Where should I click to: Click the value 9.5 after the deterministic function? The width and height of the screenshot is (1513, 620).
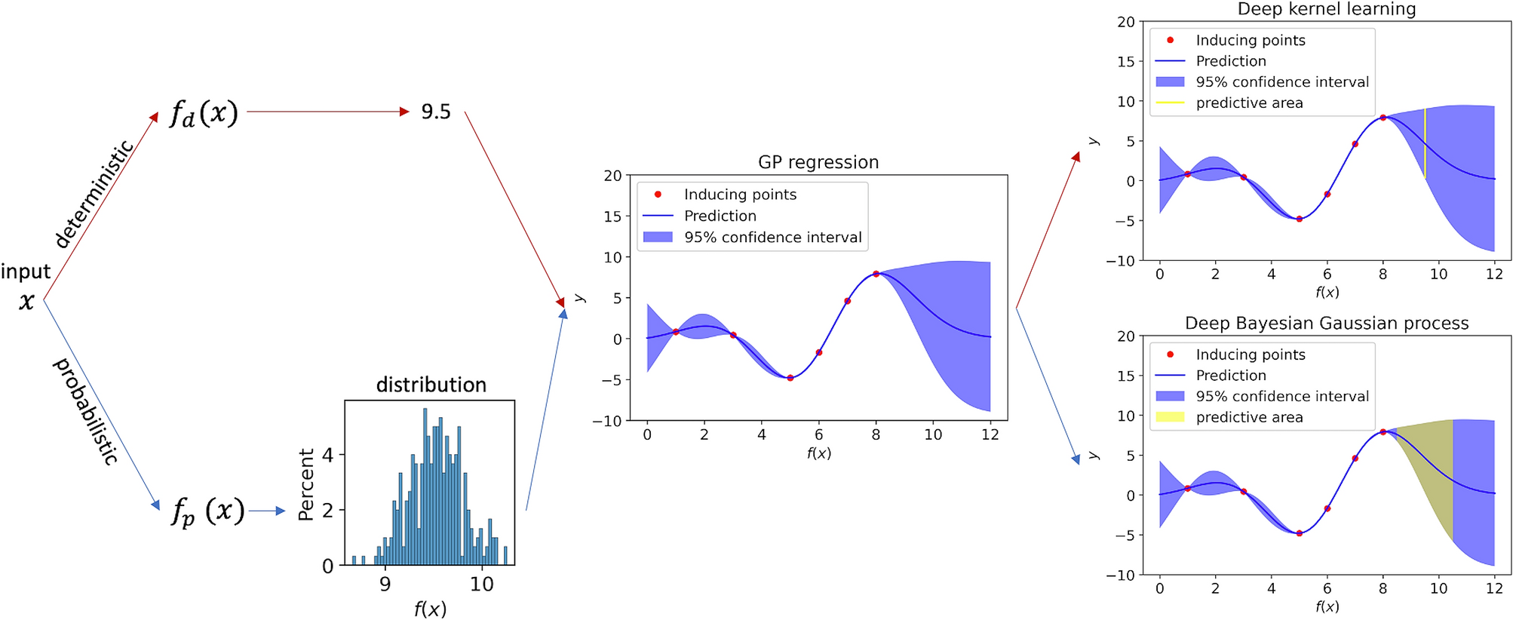(436, 112)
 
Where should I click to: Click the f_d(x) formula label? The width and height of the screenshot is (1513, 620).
(204, 113)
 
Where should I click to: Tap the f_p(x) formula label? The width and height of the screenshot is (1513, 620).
(207, 511)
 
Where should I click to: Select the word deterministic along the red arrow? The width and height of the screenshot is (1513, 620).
(95, 193)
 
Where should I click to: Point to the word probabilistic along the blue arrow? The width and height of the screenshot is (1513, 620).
(85, 411)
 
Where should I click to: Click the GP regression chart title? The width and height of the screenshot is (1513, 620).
(818, 162)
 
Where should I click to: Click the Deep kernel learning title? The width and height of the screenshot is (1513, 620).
(1326, 9)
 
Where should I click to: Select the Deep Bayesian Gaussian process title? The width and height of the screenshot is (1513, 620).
(1326, 324)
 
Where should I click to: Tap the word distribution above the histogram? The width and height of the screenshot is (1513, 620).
(431, 385)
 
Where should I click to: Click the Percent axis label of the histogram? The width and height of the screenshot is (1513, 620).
(305, 484)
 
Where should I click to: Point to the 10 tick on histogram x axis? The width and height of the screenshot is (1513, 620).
(481, 585)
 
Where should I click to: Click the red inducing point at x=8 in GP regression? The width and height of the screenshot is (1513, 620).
(876, 274)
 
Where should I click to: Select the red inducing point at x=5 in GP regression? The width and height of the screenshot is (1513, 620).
(790, 378)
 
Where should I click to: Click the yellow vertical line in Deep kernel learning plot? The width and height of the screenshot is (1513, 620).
(1425, 143)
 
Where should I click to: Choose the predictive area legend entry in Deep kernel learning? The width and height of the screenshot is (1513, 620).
(1249, 103)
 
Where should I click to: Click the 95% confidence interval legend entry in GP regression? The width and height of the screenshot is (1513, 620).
(772, 238)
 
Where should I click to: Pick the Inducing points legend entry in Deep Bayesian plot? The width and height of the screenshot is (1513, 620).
(1250, 355)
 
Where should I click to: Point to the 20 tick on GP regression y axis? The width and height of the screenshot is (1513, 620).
(612, 176)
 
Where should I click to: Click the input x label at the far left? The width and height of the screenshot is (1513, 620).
(26, 287)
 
